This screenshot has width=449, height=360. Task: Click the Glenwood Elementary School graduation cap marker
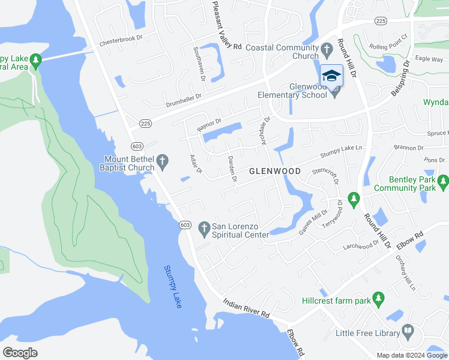click(x=331, y=75)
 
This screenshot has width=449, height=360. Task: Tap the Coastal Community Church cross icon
click(x=327, y=49)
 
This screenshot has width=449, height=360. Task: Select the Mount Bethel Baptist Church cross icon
click(x=162, y=160)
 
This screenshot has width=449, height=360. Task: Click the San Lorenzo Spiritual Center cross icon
click(x=204, y=227)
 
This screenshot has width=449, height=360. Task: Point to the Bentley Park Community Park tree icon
click(x=443, y=181)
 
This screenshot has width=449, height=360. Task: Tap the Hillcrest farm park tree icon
click(x=378, y=298)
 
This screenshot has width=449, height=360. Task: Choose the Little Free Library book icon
click(x=408, y=331)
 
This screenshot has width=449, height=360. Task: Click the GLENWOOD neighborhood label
click(x=275, y=171)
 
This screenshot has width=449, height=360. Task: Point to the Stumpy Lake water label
click(x=173, y=287)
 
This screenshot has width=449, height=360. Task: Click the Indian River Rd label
click(x=247, y=310)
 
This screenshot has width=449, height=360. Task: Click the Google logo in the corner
click(x=20, y=352)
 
